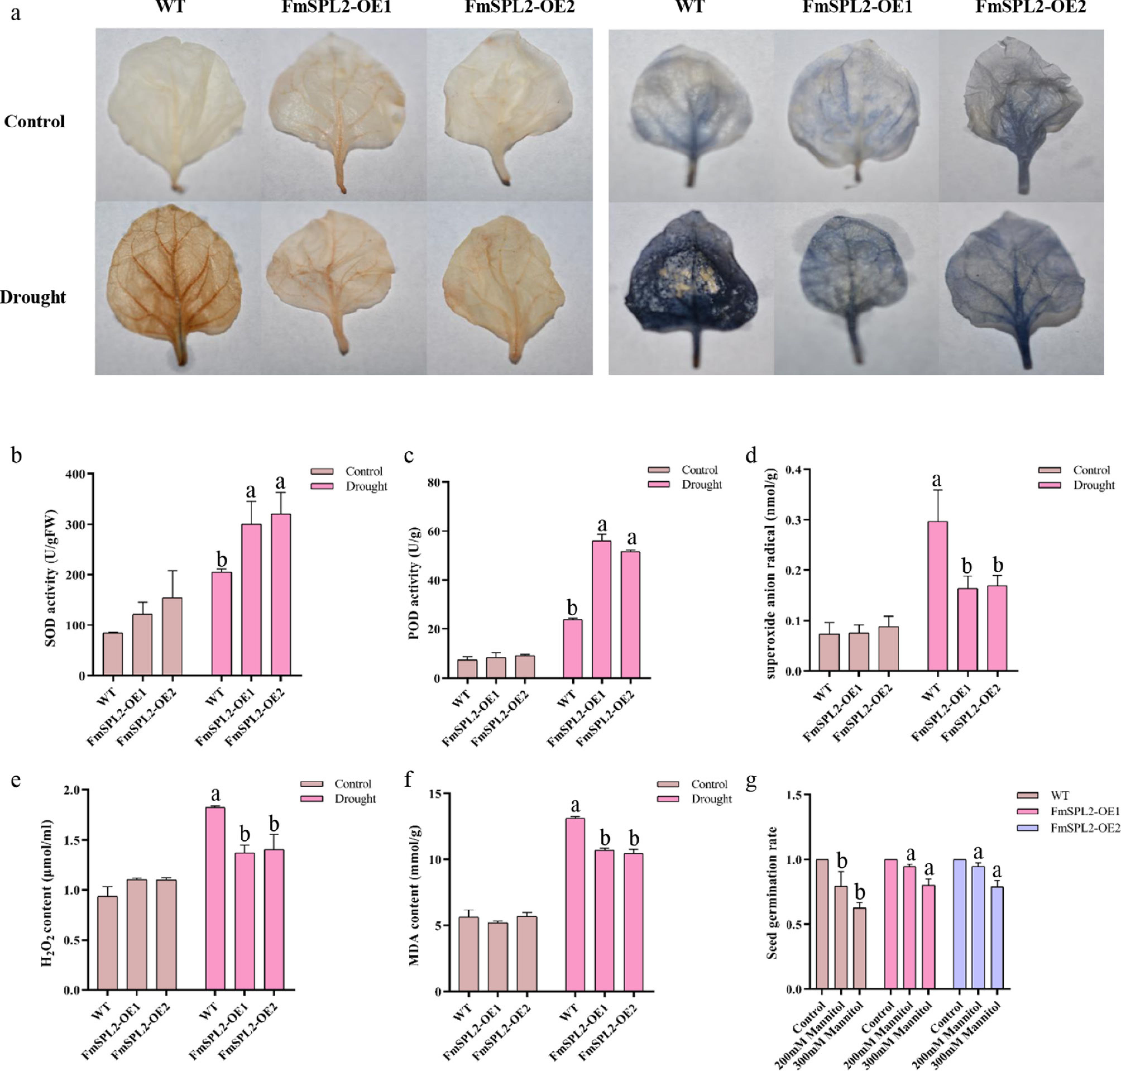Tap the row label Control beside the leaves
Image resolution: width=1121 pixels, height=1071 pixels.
coord(34,122)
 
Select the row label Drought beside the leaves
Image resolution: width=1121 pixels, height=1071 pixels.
coord(33,297)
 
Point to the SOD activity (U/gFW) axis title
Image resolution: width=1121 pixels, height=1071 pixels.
coord(51,577)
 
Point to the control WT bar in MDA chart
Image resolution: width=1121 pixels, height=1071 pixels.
coord(469,954)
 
